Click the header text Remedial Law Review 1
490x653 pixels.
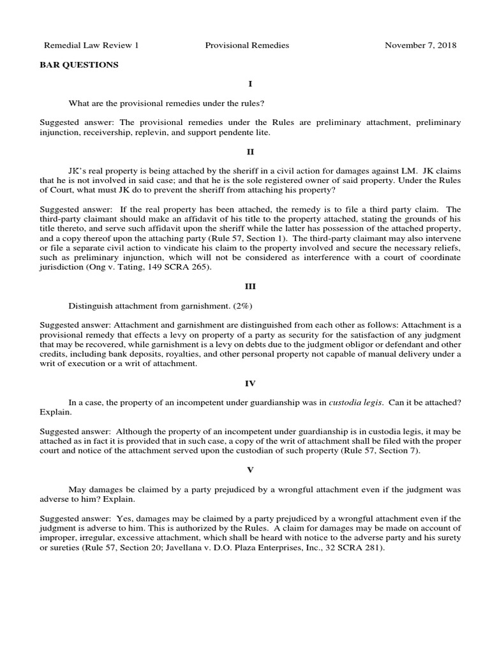pos(91,45)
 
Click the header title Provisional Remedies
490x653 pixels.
pos(247,45)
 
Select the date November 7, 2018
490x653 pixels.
pos(420,45)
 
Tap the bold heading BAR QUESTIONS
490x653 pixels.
pos(78,64)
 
